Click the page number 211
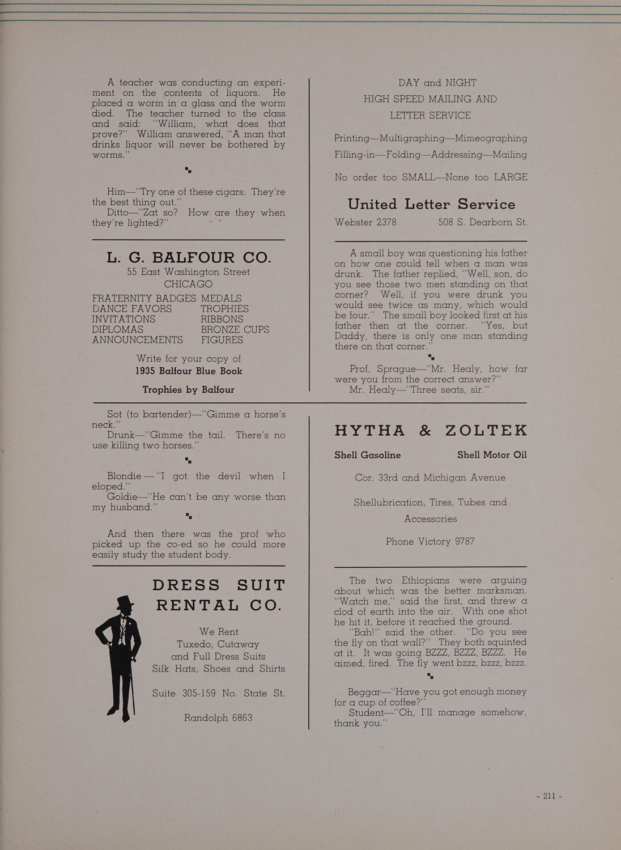point(548,796)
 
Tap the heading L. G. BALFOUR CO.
point(189,257)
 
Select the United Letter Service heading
point(431,204)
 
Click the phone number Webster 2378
point(365,222)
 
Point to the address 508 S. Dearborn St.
point(483,222)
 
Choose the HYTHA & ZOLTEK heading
point(431,431)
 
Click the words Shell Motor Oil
point(492,455)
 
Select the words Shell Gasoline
point(367,455)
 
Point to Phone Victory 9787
point(430,541)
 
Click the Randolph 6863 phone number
point(218,717)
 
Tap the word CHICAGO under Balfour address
point(188,284)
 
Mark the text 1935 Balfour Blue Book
point(189,371)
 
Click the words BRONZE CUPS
point(235,329)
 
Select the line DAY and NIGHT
point(430,83)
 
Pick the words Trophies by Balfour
point(188,390)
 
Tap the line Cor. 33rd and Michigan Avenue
point(430,478)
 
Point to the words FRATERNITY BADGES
point(144,298)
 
